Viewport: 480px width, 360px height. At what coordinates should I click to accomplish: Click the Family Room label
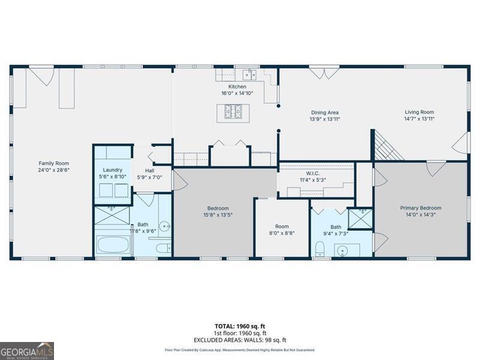point(54,163)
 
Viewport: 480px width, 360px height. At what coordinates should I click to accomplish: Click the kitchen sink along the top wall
point(250,74)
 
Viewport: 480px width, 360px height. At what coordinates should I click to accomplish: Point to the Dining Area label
point(325,112)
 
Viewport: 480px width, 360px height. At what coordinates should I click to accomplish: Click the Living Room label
point(419,112)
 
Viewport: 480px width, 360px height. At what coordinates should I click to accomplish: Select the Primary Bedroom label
point(421,208)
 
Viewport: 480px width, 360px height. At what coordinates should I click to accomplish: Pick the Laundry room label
point(112,170)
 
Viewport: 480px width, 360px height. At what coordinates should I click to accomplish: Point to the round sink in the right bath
point(343,250)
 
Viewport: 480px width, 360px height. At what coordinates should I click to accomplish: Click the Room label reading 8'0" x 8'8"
point(281,226)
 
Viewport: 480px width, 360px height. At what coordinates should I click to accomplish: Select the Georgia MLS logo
point(27,350)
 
